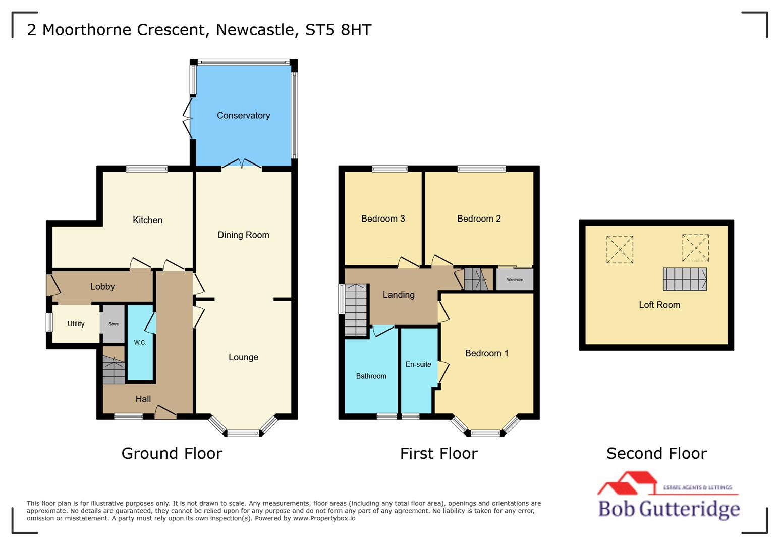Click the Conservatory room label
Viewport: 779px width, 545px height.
(243, 115)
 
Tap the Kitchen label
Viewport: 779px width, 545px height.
(147, 220)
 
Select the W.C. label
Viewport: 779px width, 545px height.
(140, 342)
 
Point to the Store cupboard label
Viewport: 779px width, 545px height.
(114, 324)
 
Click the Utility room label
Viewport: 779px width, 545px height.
(76, 324)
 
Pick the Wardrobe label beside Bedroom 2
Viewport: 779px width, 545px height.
(514, 280)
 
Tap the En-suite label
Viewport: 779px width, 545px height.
(418, 364)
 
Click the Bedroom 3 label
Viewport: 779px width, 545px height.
(383, 219)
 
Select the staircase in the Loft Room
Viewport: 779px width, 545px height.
(685, 279)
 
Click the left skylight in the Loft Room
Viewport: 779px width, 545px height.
(620, 249)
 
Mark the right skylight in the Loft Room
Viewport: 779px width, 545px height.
(695, 248)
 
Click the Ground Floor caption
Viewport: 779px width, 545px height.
(172, 453)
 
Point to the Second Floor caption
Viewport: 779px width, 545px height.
(656, 453)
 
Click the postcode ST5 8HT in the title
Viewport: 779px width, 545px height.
(338, 30)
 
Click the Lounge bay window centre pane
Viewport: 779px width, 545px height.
(243, 432)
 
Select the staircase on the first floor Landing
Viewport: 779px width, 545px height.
(356, 310)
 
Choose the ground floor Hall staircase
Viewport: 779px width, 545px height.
(114, 370)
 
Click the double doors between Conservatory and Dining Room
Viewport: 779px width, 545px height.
(242, 165)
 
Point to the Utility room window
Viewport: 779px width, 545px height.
(49, 322)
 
